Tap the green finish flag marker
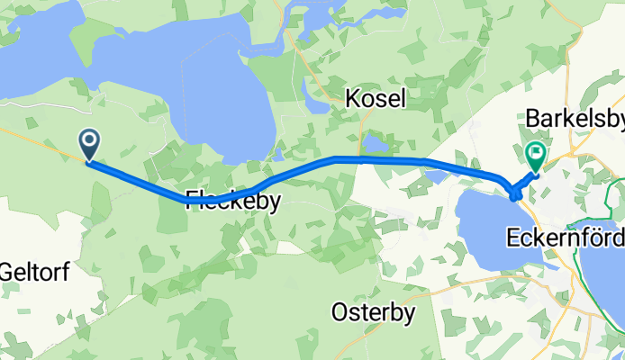point(536,155)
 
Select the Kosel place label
point(375,99)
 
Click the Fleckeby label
point(233,202)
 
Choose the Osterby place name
point(373,312)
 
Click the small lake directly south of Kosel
point(373,145)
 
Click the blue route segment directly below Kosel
point(375,159)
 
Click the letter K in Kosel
point(352,99)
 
